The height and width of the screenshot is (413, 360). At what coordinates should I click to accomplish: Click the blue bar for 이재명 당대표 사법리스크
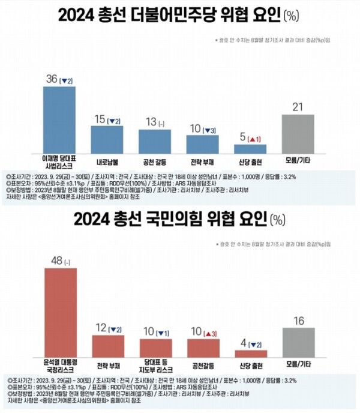(x=59, y=119)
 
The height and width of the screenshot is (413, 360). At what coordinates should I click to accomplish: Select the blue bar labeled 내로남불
(x=107, y=139)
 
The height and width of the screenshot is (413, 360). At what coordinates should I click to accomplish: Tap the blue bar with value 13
(x=154, y=141)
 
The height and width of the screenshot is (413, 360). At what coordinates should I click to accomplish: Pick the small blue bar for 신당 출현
(x=250, y=149)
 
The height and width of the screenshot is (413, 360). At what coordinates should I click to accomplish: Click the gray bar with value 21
(x=298, y=133)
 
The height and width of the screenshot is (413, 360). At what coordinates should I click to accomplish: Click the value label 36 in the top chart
(x=52, y=79)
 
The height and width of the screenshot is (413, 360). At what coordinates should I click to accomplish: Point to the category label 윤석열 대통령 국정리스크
(x=61, y=367)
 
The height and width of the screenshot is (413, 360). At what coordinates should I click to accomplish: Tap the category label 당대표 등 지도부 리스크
(x=155, y=367)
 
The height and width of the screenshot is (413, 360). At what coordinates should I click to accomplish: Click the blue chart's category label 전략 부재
(x=202, y=161)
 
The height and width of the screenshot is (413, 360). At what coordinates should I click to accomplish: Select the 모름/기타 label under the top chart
(x=298, y=161)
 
